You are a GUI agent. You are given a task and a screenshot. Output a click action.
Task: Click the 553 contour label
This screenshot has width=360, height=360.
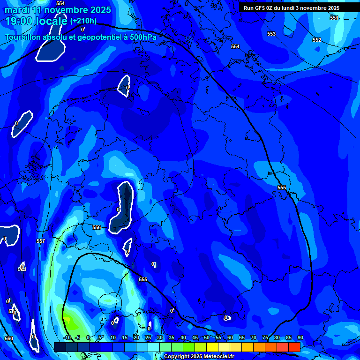click(x=271, y=34)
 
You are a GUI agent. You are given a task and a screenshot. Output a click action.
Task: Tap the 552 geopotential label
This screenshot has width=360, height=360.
click(x=317, y=40)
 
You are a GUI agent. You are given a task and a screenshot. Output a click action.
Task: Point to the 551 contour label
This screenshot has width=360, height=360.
click(x=334, y=18)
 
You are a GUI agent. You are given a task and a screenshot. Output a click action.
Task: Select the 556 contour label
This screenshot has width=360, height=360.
click(x=97, y=227)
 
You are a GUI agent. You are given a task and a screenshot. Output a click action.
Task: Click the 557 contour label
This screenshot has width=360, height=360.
click(x=41, y=241)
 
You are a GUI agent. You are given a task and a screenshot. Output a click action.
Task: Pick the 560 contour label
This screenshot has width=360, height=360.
click(x=9, y=338)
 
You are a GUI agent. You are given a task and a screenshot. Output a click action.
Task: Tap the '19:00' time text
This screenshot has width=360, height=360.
click(x=21, y=21)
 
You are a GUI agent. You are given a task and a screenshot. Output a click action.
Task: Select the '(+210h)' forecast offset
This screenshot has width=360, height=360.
click(x=83, y=21)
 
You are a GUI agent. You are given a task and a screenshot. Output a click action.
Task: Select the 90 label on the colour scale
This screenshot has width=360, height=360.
click(x=300, y=337)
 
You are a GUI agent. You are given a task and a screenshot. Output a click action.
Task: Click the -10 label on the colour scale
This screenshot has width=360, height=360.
click(x=67, y=337)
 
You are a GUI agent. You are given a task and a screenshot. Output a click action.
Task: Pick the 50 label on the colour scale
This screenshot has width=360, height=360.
click(x=207, y=337)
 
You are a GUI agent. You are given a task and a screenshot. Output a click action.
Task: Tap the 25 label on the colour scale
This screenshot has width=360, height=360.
click(x=148, y=337)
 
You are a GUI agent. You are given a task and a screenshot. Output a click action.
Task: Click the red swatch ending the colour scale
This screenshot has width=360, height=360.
click(x=294, y=347)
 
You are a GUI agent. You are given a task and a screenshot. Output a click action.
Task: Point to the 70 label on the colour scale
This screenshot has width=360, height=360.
click(x=254, y=337)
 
